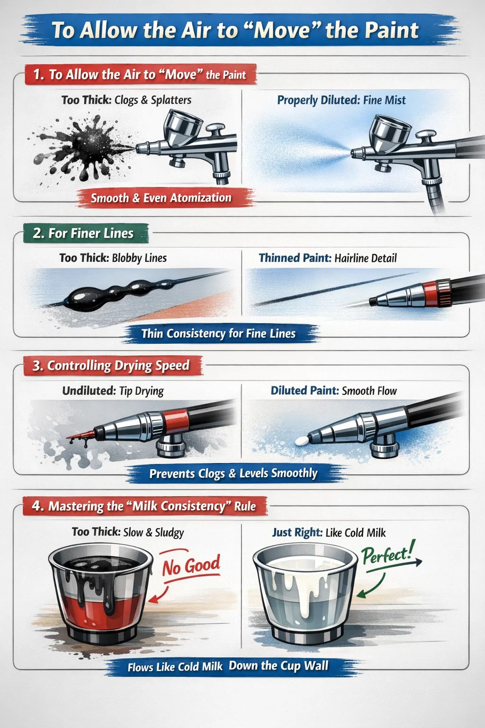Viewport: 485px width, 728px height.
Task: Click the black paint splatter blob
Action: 83,148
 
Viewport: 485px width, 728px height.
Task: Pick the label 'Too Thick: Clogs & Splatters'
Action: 126,100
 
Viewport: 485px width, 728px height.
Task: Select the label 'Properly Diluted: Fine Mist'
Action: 341,100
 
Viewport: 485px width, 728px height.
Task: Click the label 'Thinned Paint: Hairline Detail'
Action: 327,258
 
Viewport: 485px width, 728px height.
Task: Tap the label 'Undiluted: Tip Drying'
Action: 113,391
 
